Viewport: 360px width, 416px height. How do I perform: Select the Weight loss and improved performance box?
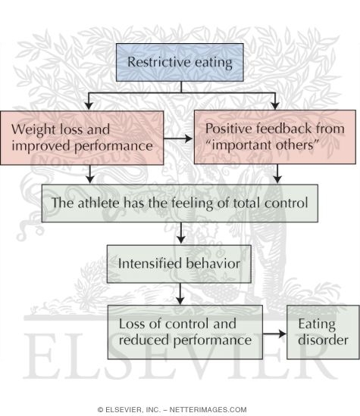click(x=82, y=138)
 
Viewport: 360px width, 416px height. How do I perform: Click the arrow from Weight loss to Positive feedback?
click(x=179, y=138)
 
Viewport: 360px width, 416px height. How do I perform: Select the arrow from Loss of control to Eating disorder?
click(x=274, y=333)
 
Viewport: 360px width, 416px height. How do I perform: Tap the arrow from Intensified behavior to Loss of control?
click(x=180, y=293)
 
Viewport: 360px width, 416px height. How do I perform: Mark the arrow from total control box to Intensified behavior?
click(x=180, y=233)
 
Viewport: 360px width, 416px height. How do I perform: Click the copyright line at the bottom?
click(x=180, y=408)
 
